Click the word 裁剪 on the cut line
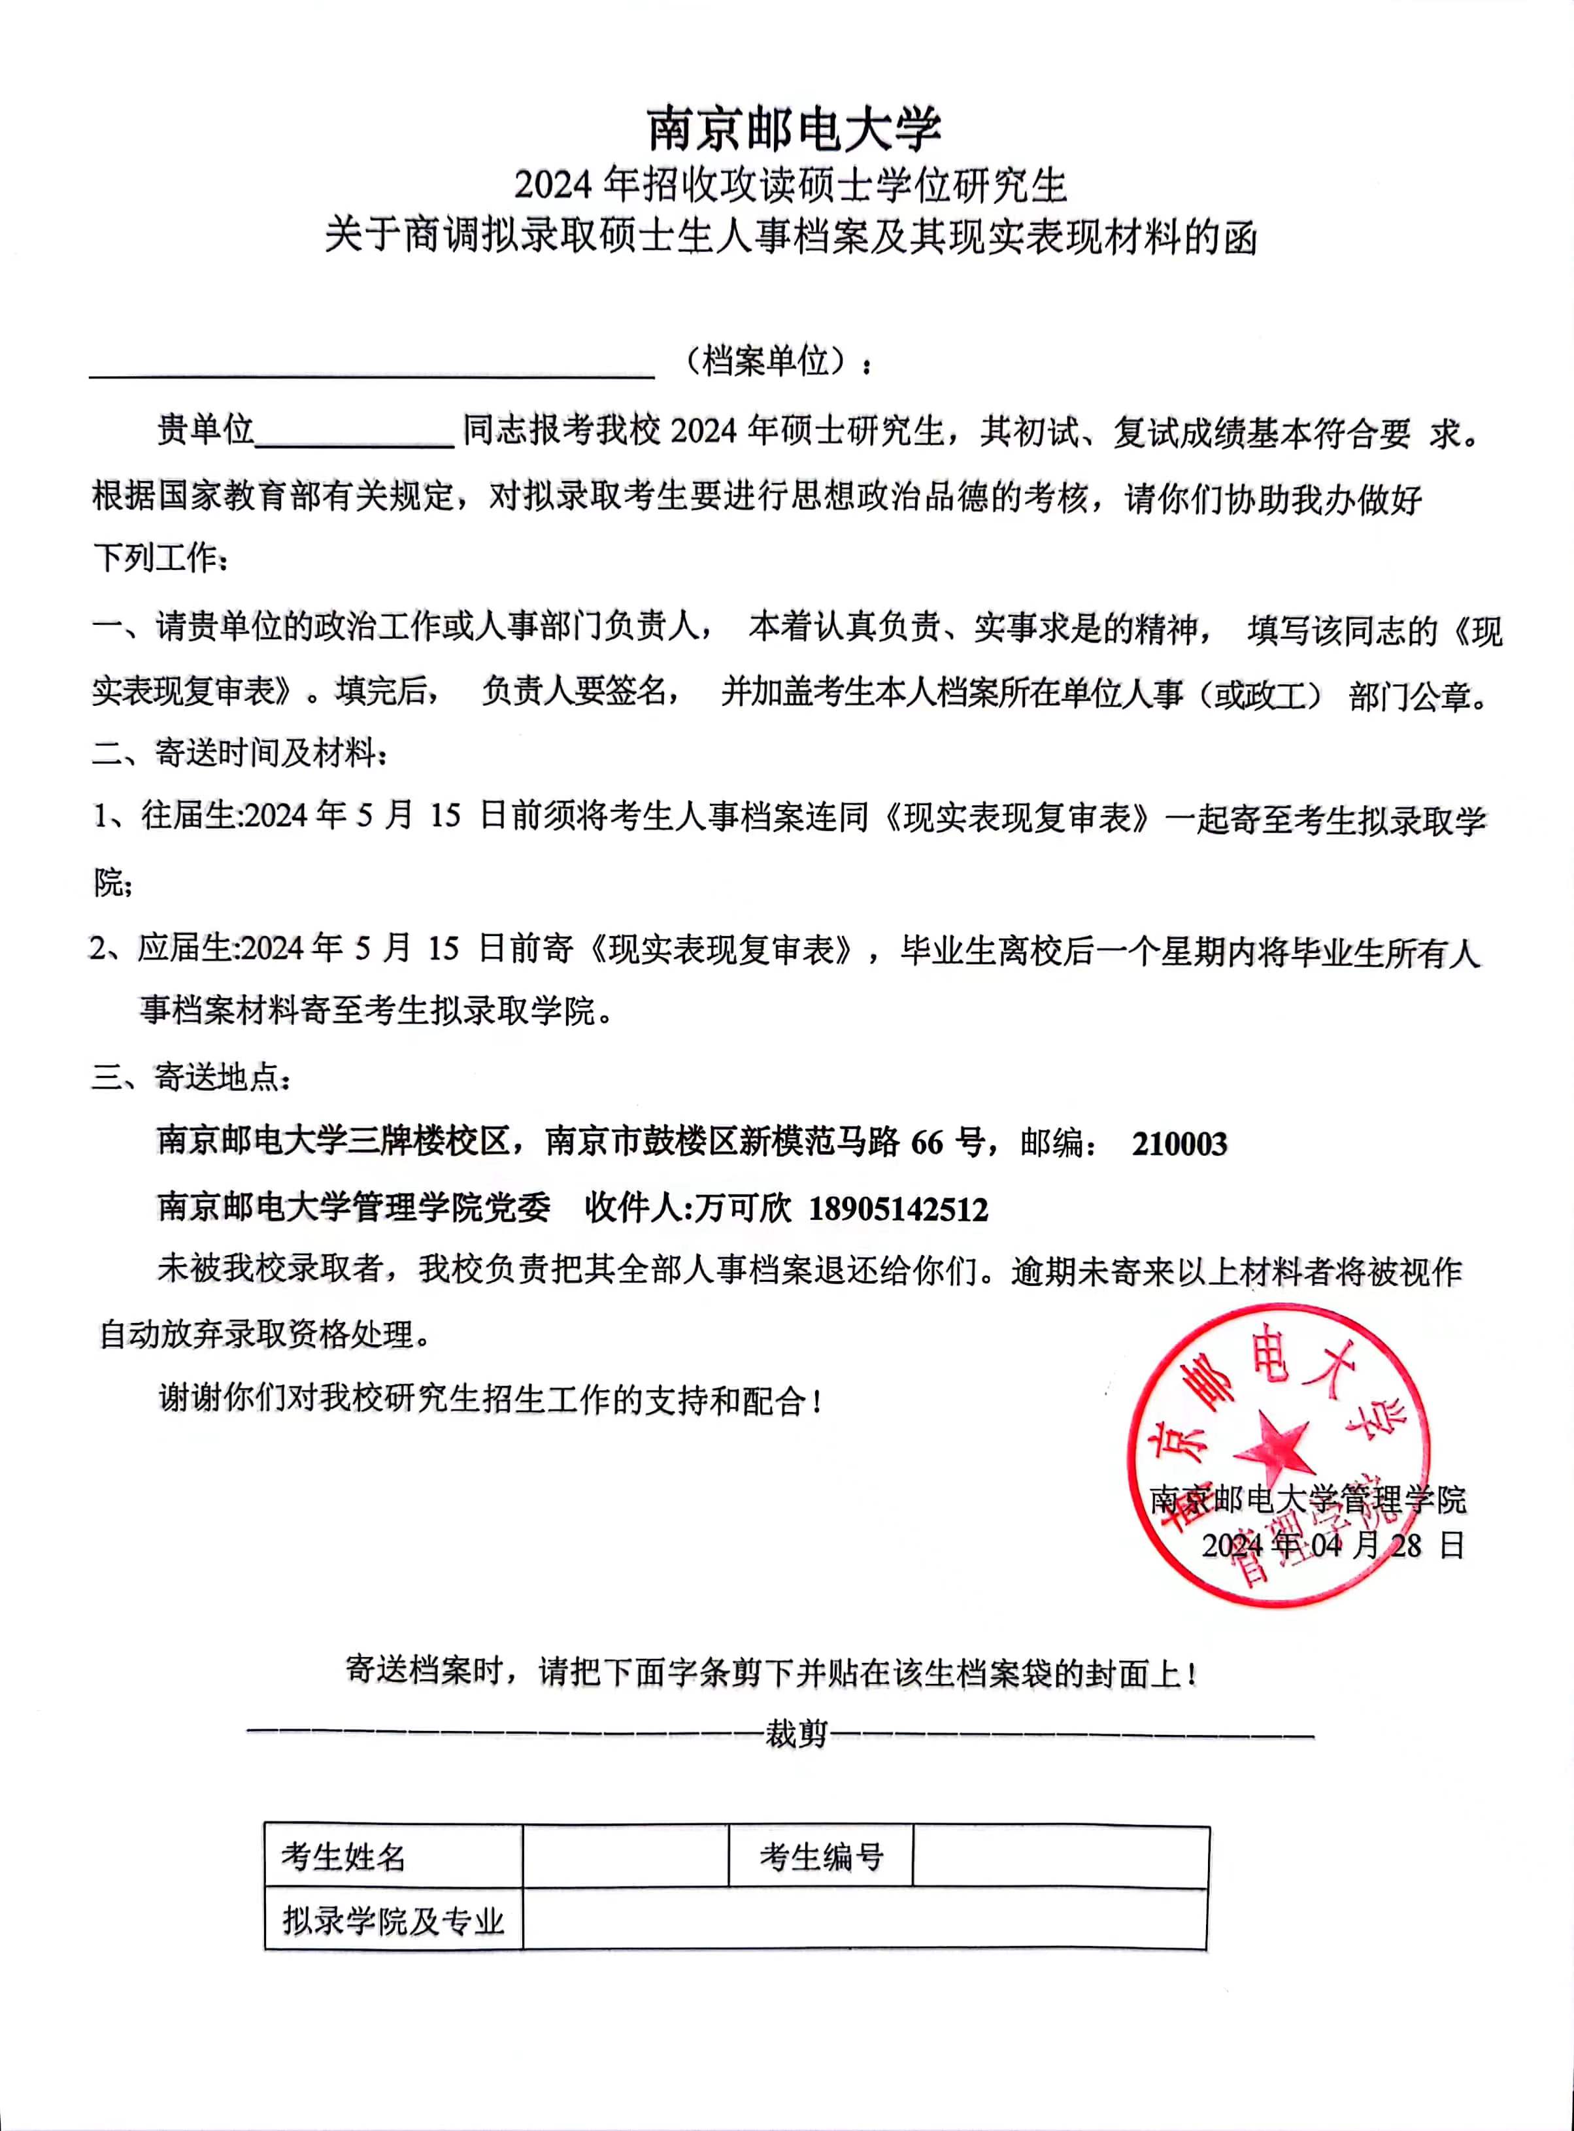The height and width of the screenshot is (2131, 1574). [x=797, y=1734]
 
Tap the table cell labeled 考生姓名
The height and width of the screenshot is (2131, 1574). [x=343, y=1856]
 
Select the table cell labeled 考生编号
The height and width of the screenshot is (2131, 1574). [x=821, y=1856]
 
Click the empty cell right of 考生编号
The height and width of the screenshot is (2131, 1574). [x=1060, y=1856]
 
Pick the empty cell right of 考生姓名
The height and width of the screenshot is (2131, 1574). [x=625, y=1856]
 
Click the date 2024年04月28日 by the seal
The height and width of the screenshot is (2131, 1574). [x=1332, y=1544]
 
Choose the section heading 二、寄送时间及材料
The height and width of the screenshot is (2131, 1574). [x=239, y=754]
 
